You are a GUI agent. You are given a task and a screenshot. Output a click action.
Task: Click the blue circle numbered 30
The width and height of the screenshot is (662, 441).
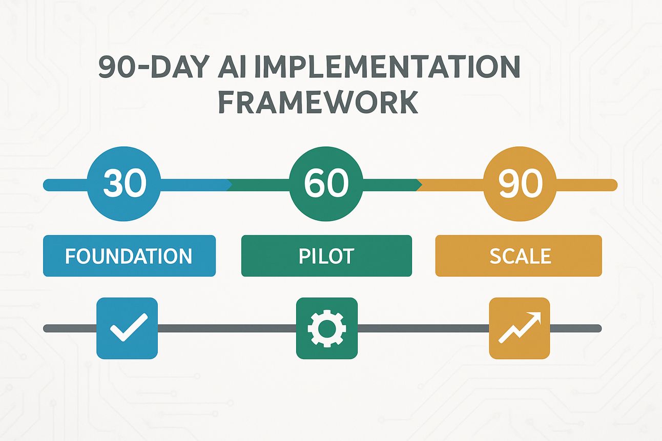[124, 184]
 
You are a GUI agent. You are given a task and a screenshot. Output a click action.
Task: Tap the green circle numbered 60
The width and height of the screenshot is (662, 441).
[326, 184]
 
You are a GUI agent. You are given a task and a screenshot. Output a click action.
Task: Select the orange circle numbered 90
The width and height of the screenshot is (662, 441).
[520, 184]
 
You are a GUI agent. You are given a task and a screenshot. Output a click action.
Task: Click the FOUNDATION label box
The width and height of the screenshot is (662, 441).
[130, 256]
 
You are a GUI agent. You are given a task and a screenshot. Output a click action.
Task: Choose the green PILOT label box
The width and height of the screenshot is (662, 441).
[326, 256]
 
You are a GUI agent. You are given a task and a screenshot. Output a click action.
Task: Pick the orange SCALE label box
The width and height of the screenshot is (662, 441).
[519, 256]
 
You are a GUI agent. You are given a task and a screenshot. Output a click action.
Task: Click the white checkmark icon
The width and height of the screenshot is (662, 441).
[129, 327]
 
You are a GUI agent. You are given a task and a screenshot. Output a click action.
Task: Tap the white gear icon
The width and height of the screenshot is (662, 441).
[327, 328]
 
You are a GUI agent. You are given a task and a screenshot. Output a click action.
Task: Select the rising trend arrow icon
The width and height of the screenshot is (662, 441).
[520, 327]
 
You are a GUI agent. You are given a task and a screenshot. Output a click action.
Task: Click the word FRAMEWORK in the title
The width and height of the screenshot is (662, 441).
[318, 102]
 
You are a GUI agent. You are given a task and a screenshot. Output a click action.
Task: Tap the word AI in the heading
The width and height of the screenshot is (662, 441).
[232, 67]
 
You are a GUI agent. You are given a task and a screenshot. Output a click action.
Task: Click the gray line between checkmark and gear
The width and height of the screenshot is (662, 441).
[227, 328]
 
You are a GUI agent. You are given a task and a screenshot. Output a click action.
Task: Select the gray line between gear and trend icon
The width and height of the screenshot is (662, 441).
[424, 328]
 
